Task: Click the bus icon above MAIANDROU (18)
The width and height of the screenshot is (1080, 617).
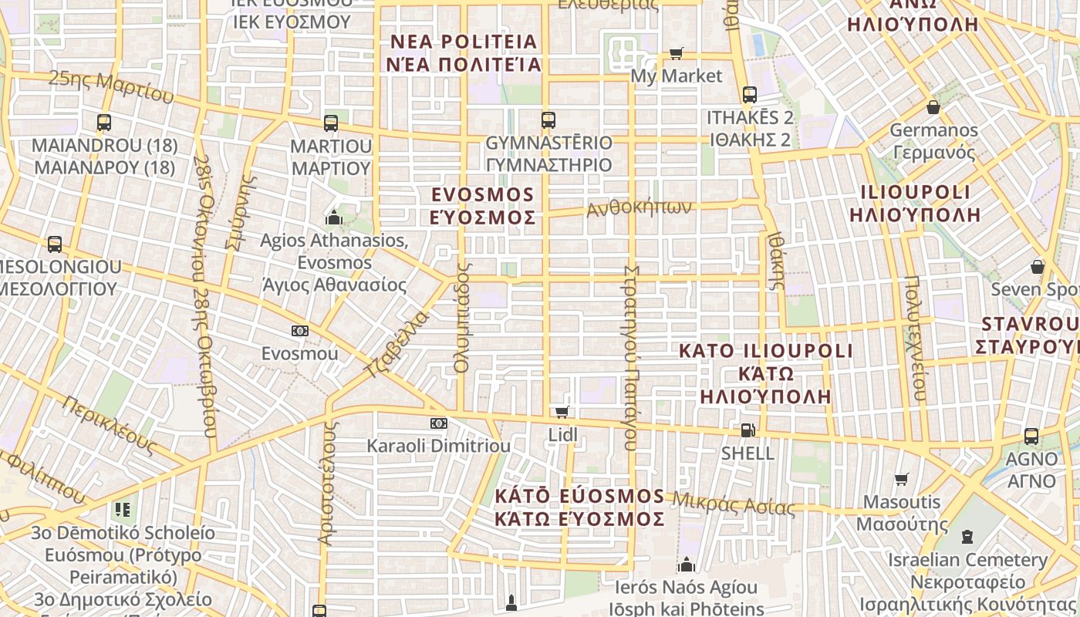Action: coord(104,122)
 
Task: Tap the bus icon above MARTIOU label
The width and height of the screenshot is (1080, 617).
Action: coord(331,123)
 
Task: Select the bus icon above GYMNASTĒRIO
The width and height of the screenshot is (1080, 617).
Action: coord(548,120)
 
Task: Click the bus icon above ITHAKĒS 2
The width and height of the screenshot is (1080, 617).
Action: coord(749,95)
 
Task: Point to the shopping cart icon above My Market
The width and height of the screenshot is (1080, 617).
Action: coord(677,53)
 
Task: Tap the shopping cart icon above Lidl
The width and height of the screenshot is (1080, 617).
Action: coord(562,412)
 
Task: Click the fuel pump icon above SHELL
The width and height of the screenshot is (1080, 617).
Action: coord(747,430)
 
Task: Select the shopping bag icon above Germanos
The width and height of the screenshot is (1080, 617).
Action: coord(933,106)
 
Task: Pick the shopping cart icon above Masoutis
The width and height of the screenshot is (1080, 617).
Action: coord(901,479)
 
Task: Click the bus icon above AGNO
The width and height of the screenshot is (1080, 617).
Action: coord(1031,436)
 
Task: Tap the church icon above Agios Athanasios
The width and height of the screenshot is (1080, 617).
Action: coord(334,217)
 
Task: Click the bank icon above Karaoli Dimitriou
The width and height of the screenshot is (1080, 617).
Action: coord(438,423)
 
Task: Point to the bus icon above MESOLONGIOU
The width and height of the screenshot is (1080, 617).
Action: coord(55,244)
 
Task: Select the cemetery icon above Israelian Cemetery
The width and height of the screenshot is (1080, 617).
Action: coord(967,536)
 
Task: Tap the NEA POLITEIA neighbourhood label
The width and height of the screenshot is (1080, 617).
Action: coord(464,42)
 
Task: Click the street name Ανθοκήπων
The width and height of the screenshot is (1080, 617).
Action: coord(639,207)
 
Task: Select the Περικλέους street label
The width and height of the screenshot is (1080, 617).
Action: coord(110,424)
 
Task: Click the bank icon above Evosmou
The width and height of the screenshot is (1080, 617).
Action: coord(300,331)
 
